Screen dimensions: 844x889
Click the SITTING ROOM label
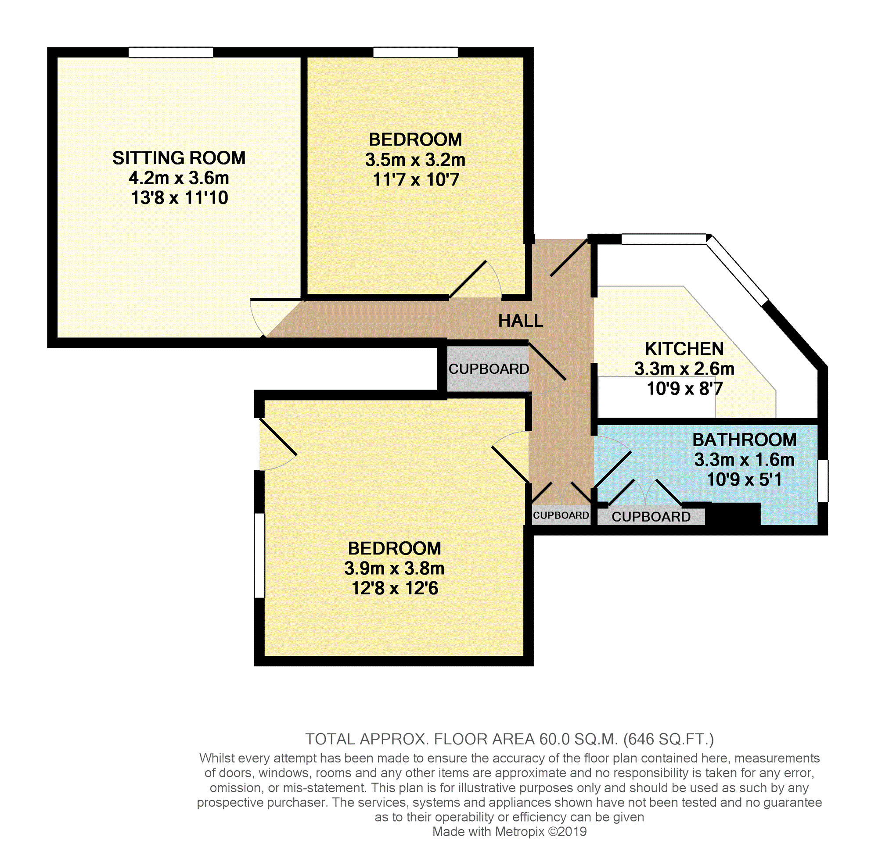click(x=179, y=158)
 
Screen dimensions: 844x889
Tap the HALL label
click(x=520, y=321)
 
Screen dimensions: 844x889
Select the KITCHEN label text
click(x=684, y=349)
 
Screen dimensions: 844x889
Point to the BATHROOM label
click(x=744, y=440)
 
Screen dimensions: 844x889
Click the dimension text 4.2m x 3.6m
click(x=179, y=178)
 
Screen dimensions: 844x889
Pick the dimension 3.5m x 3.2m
click(x=415, y=160)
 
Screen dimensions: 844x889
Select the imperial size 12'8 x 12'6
click(x=394, y=588)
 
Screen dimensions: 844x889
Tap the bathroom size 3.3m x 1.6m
click(x=744, y=460)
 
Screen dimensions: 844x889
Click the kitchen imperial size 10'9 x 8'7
click(x=684, y=389)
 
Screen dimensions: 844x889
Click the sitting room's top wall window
click(x=171, y=53)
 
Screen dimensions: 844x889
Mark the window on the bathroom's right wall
click(x=822, y=480)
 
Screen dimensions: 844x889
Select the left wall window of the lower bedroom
click(x=260, y=556)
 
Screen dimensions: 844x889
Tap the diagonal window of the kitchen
click(x=737, y=271)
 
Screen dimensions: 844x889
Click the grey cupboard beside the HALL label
click(x=488, y=369)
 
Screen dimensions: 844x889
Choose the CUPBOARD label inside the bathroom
click(x=651, y=516)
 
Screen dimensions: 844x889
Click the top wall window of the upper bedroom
click(x=415, y=53)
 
